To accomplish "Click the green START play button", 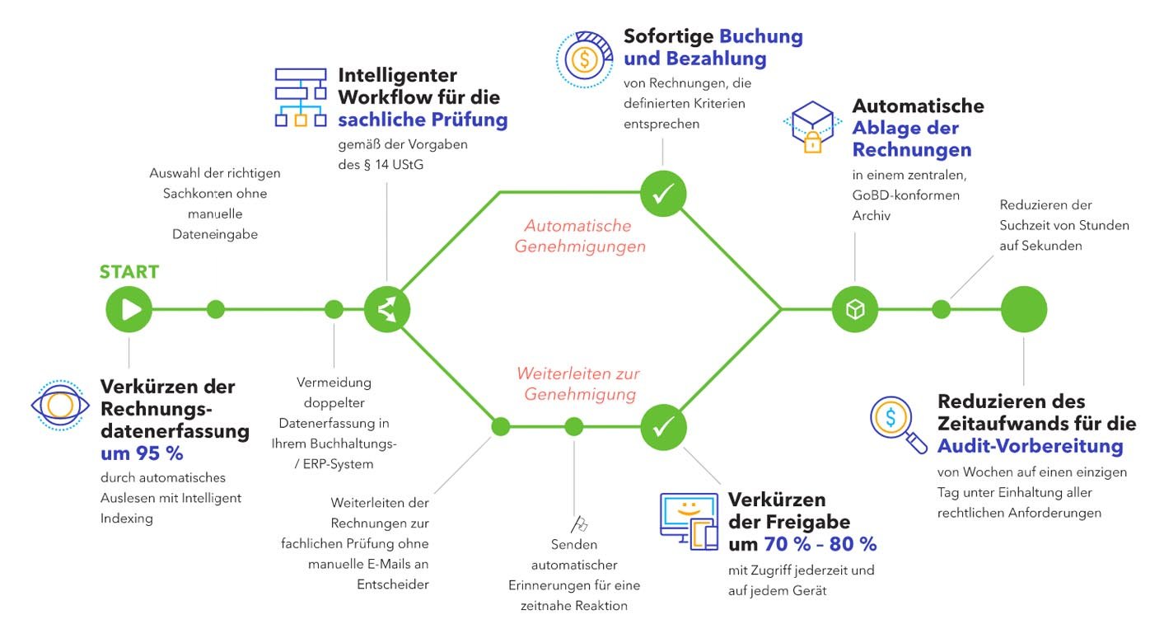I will pos(129,309).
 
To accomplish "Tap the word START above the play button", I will pos(129,272).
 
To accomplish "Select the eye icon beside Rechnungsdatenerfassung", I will pos(59,404).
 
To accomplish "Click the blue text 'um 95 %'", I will pos(142,453).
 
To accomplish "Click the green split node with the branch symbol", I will pos(387,309).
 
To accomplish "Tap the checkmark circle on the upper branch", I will pos(663,194).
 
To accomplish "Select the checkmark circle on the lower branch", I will pos(663,426).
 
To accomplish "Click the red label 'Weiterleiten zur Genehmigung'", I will pos(578,384).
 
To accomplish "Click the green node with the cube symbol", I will pos(855,309).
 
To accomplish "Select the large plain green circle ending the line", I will pos(1023,309).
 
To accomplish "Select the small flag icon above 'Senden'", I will pos(578,523).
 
